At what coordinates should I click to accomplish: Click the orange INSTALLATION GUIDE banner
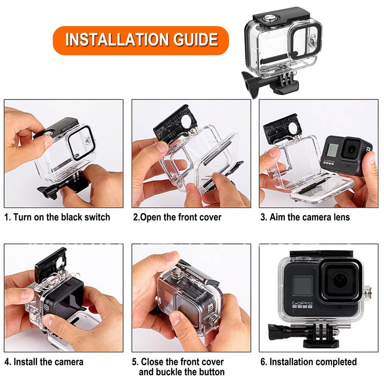[x=141, y=39]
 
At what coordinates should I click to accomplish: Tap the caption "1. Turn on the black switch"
[x=57, y=217]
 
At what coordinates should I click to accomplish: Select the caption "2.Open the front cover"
[x=177, y=217]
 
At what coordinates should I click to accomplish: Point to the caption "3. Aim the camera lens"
[x=305, y=217]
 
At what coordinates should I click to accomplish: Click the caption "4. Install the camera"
[x=44, y=361]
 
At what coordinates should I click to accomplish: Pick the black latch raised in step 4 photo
[x=51, y=264]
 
